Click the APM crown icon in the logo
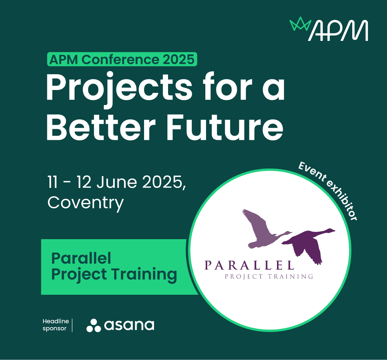click(300, 25)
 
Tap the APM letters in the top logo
click(338, 31)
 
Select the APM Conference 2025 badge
click(122, 60)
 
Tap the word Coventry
click(85, 203)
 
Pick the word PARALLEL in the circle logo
click(249, 265)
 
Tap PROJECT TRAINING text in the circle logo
click(268, 276)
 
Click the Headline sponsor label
click(54, 325)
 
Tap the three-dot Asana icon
click(94, 325)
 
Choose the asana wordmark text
click(129, 325)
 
